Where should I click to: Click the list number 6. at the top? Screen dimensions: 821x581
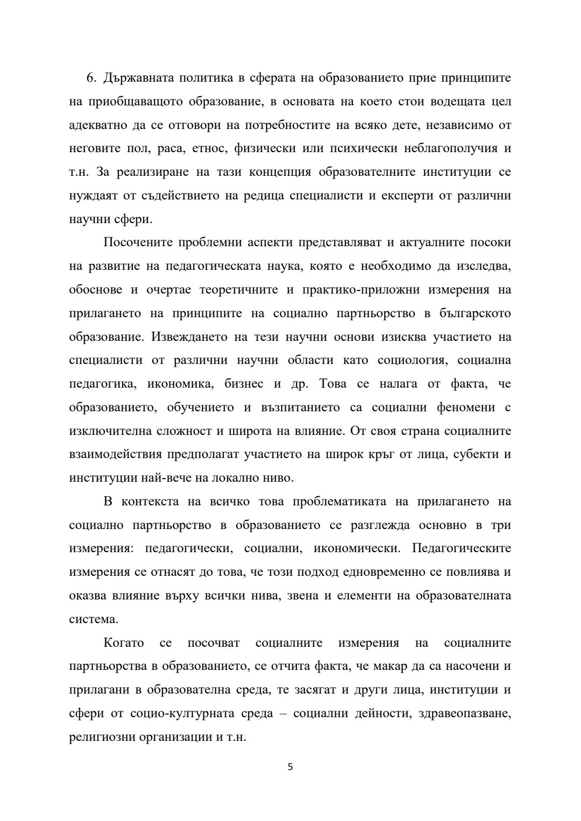click(91, 78)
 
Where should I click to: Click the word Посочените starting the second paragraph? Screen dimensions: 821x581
click(137, 242)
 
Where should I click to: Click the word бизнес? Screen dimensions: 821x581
click(248, 384)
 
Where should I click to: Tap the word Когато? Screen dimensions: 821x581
click(123, 643)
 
